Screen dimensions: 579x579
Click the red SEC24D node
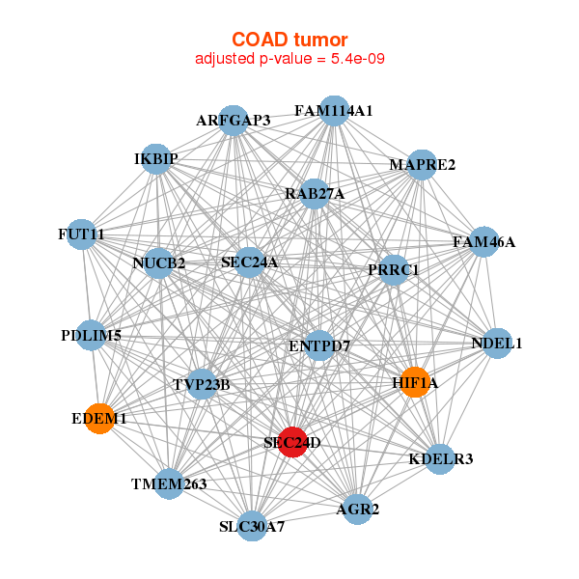coord(292,442)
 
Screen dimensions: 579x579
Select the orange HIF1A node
coord(415,382)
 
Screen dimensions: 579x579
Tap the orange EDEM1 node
coord(99,419)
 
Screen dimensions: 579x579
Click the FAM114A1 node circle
coord(334,111)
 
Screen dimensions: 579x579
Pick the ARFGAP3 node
coord(234,121)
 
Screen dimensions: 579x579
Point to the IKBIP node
coord(156,159)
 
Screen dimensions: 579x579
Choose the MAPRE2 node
coord(422,165)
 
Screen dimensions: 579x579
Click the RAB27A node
coord(315,194)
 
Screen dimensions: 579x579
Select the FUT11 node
coord(81,234)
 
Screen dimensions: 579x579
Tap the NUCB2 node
coord(158,263)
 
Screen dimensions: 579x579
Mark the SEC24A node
coord(249,262)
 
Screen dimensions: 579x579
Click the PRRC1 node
coord(394,270)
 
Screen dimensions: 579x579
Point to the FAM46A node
coord(483,242)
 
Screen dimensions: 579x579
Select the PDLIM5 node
coord(91,335)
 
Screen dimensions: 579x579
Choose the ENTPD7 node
coord(319,346)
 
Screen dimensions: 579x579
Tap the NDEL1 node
coord(497,344)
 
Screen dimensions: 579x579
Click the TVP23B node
coord(202,384)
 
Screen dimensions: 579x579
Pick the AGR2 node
coord(357,510)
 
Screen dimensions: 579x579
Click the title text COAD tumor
coord(289,40)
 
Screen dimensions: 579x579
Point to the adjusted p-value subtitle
coord(289,59)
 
